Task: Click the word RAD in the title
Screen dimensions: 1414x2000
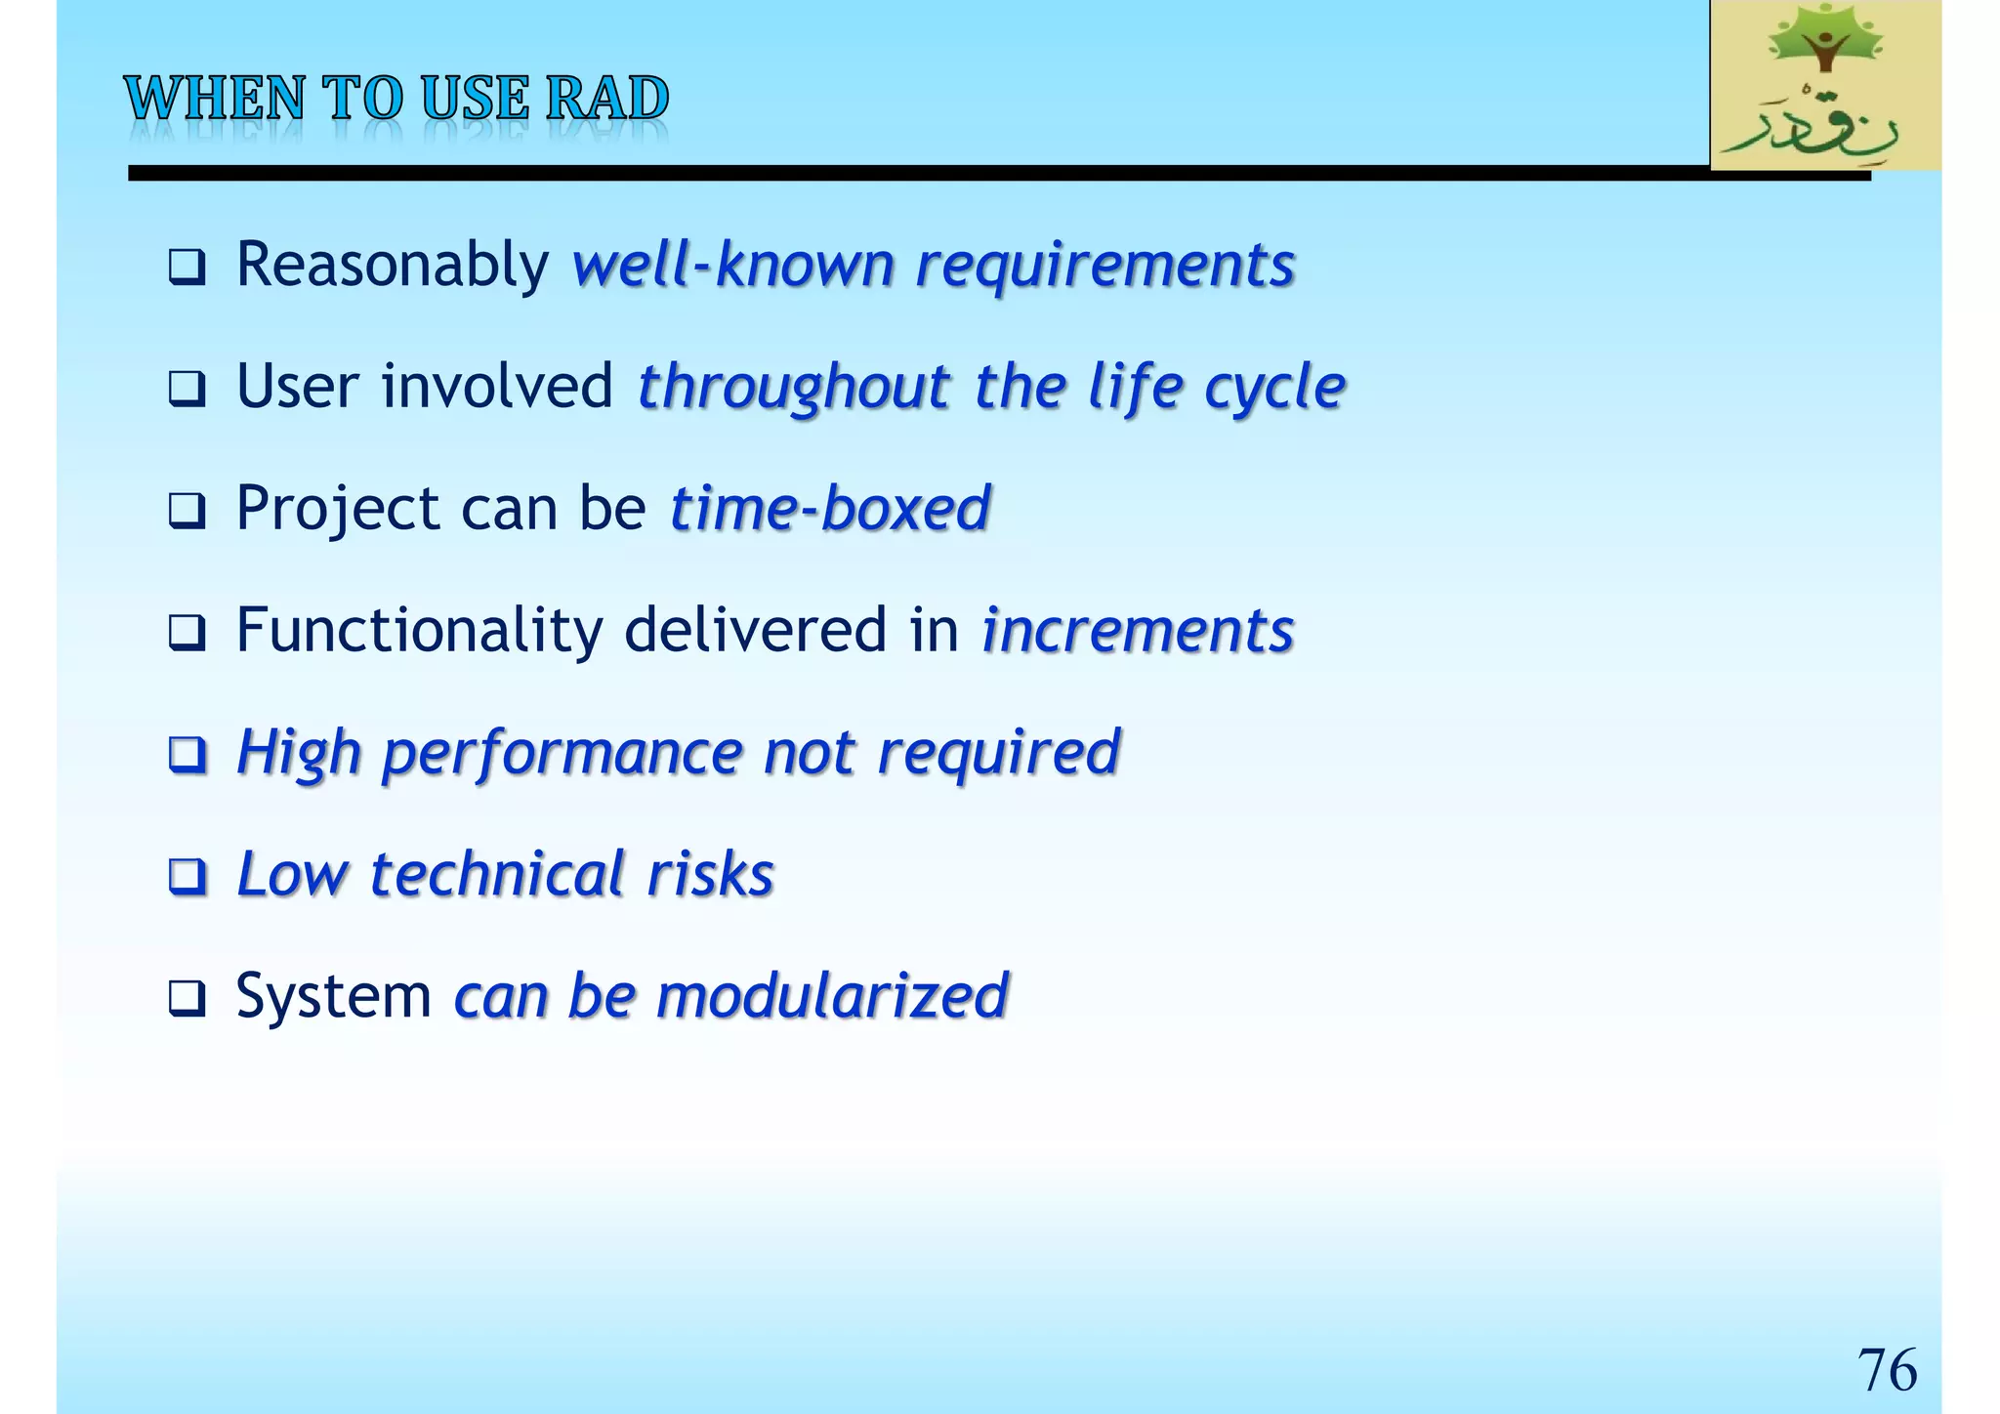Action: click(607, 99)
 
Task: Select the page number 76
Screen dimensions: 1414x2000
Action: click(1886, 1369)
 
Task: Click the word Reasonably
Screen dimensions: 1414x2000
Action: click(393, 265)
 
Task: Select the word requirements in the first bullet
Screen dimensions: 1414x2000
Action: click(1104, 267)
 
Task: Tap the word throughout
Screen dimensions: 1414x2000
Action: click(794, 387)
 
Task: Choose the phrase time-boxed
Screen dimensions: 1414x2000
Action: click(830, 509)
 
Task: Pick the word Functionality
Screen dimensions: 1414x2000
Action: click(420, 631)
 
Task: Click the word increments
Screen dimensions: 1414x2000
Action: click(1138, 631)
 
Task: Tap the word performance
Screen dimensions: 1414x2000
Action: click(562, 754)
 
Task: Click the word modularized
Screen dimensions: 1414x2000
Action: click(832, 996)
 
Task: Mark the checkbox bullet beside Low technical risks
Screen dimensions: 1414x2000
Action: click(187, 876)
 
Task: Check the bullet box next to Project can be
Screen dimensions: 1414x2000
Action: click(187, 511)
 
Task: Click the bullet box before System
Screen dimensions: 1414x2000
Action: click(187, 998)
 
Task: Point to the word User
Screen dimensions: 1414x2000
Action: click(298, 387)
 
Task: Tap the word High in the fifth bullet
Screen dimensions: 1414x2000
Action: click(299, 754)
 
